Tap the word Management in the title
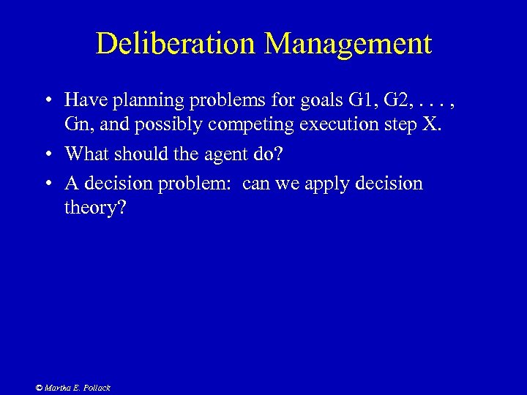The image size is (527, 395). point(348,44)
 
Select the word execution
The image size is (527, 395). point(337,124)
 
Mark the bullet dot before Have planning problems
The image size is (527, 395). point(46,99)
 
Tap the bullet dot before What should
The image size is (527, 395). point(46,154)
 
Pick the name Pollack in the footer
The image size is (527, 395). point(96,388)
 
